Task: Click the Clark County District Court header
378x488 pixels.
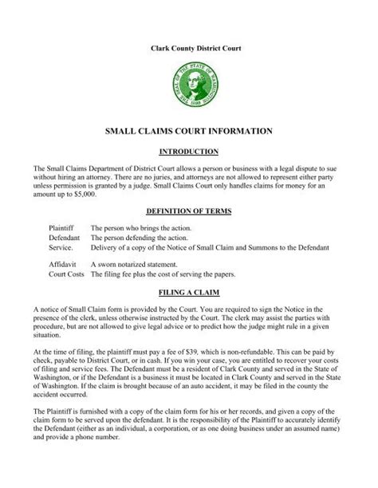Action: coord(189,49)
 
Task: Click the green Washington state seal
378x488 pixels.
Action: coord(188,86)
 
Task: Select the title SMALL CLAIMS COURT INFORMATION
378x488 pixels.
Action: coord(189,129)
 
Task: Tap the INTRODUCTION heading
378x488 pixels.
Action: coord(189,151)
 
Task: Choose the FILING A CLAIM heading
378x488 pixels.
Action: coord(189,293)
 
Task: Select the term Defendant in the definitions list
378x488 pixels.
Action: coord(65,237)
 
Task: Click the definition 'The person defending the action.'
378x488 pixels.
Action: coord(140,237)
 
